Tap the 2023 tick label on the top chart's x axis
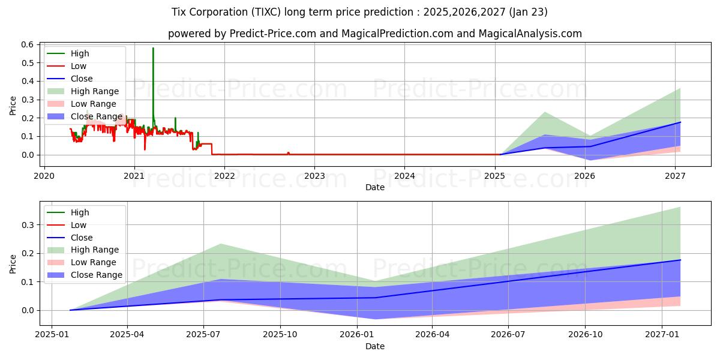click(x=314, y=176)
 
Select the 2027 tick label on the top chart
click(x=676, y=176)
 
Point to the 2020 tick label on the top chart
click(x=44, y=176)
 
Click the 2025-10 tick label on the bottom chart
click(x=280, y=335)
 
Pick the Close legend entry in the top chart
click(x=82, y=79)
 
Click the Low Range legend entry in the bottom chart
click(x=94, y=262)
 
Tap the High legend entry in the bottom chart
click(x=80, y=212)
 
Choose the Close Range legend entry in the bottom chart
click(x=96, y=275)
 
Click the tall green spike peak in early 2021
click(x=153, y=48)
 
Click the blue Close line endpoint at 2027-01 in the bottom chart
click(x=680, y=260)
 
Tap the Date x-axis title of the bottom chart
click(x=375, y=346)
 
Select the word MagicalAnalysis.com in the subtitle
click(x=530, y=34)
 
